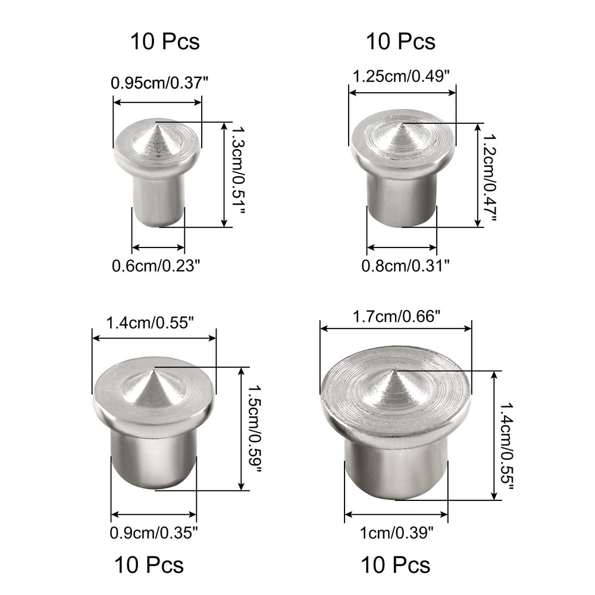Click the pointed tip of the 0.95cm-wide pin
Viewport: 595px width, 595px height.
tap(157, 122)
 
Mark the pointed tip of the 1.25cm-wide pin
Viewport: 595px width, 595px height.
tap(402, 123)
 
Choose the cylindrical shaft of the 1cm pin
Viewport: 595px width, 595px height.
tap(395, 470)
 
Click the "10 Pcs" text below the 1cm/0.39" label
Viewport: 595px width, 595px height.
tap(396, 564)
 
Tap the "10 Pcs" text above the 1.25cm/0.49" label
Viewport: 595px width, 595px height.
tap(400, 42)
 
